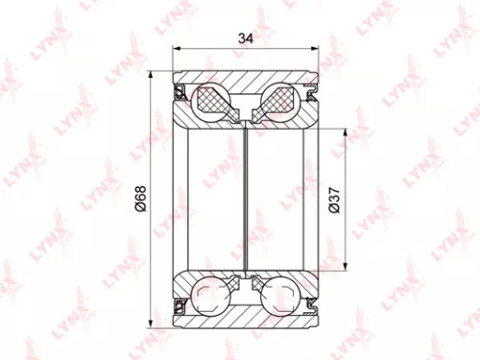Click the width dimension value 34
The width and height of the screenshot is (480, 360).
click(x=245, y=39)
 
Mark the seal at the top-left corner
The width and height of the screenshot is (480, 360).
click(x=180, y=92)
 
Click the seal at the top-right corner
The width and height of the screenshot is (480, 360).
click(x=311, y=92)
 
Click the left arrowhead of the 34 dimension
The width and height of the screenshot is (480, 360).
click(x=176, y=51)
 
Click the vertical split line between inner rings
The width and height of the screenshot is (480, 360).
click(x=246, y=199)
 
